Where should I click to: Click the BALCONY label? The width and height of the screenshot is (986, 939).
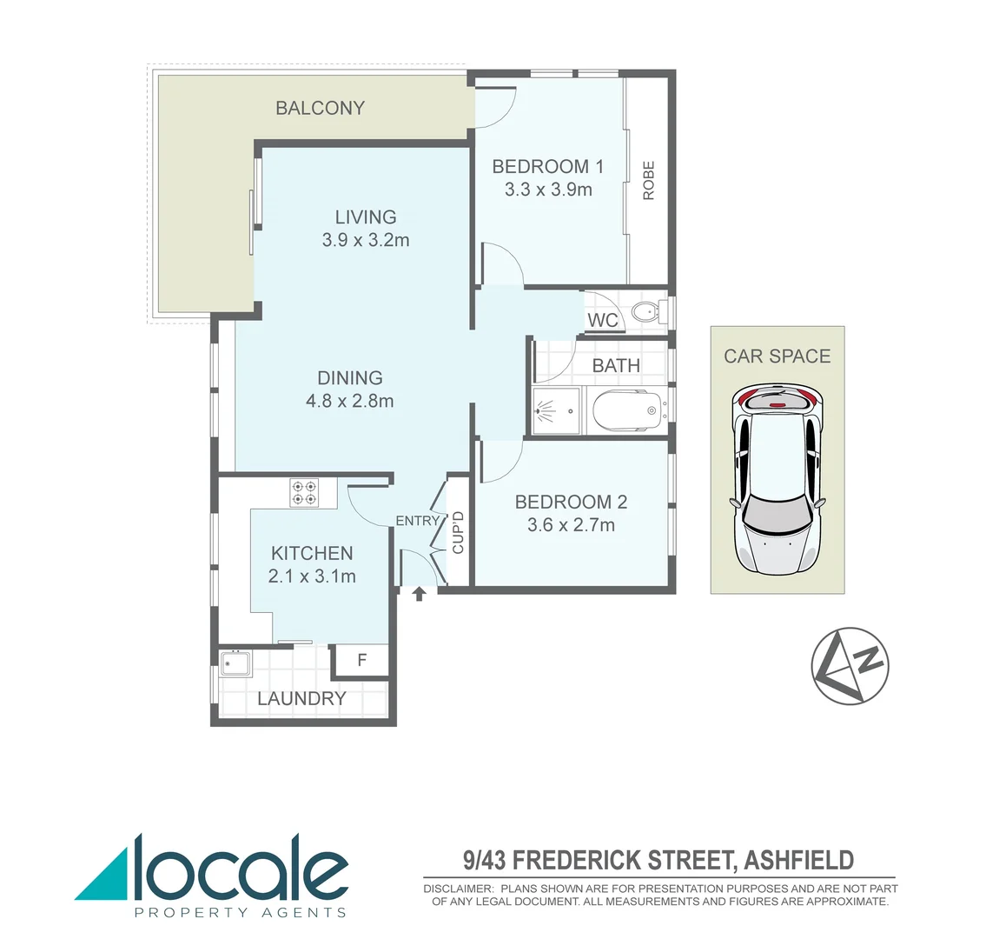click(x=320, y=108)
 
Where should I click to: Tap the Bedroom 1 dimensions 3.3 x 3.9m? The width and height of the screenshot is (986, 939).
click(x=548, y=190)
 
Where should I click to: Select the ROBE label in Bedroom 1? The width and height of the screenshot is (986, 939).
click(x=648, y=181)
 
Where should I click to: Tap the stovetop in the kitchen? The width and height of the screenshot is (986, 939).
click(x=305, y=493)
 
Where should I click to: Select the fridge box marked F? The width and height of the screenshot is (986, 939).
click(x=362, y=661)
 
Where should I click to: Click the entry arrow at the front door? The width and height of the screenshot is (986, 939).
click(x=419, y=595)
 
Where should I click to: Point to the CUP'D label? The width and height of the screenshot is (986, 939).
click(x=458, y=532)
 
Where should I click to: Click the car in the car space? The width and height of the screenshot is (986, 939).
click(x=778, y=480)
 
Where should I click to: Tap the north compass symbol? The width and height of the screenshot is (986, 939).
click(x=850, y=666)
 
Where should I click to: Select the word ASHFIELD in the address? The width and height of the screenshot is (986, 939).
click(x=799, y=861)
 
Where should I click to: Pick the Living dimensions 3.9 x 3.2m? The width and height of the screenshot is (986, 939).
click(x=366, y=240)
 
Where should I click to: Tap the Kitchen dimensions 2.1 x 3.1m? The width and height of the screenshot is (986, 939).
click(x=312, y=576)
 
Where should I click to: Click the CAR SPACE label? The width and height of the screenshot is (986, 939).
click(x=777, y=356)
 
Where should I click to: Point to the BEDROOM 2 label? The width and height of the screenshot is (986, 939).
click(x=571, y=502)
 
